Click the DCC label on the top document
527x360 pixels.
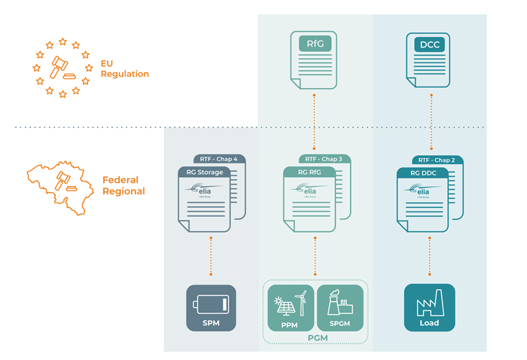click(x=429, y=44)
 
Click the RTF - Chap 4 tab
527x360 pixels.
click(x=220, y=159)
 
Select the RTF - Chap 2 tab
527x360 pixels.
click(x=436, y=160)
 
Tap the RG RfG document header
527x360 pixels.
click(x=306, y=172)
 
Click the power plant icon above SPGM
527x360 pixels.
click(x=340, y=302)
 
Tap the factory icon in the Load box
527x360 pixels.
click(x=429, y=304)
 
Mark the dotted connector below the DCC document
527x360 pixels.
click(x=429, y=121)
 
